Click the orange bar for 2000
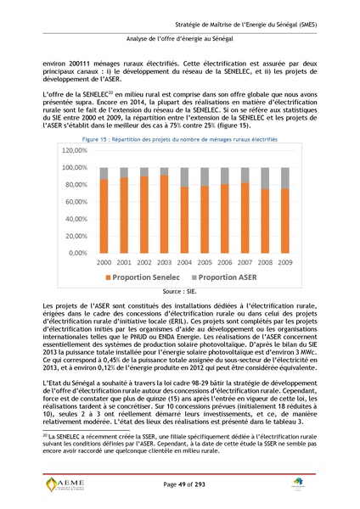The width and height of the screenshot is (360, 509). coord(104,216)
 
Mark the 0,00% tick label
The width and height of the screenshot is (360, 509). coord(77,253)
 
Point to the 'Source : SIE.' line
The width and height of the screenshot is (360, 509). coord(179,290)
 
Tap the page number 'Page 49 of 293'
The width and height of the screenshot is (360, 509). coord(179,484)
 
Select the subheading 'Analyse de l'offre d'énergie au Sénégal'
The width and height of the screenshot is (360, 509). coord(179,38)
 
